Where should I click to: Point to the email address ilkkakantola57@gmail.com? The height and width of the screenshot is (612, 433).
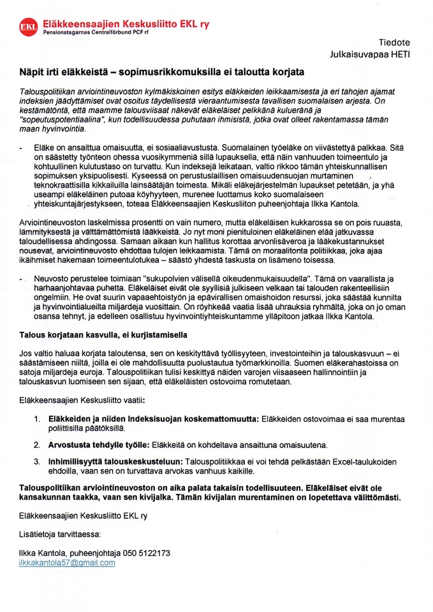coord(67,563)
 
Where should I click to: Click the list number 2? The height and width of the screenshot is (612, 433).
coord(36,444)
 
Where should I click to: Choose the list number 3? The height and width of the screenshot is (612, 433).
coord(36,461)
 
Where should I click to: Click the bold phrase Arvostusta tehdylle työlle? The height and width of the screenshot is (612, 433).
coord(98,444)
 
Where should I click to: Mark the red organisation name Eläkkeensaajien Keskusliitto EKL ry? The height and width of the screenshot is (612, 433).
coord(125,24)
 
